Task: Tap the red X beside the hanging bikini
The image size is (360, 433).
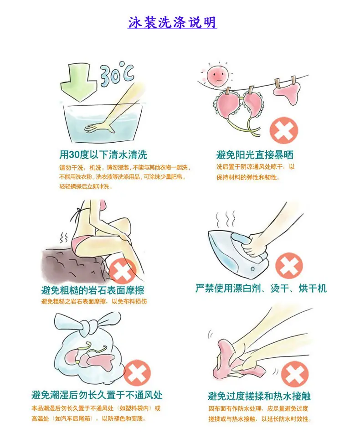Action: tap(284, 130)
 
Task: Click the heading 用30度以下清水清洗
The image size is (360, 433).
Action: tap(103, 155)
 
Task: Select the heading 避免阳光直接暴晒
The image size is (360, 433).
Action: tap(255, 155)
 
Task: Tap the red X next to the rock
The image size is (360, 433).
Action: tap(122, 272)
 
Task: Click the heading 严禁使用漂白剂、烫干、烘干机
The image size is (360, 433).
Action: tap(261, 289)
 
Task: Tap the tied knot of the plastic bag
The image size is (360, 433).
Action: tap(88, 326)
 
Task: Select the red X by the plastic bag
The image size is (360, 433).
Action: tap(137, 373)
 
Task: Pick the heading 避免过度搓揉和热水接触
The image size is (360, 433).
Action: tap(259, 396)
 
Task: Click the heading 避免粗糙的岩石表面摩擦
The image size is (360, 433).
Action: tap(93, 290)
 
